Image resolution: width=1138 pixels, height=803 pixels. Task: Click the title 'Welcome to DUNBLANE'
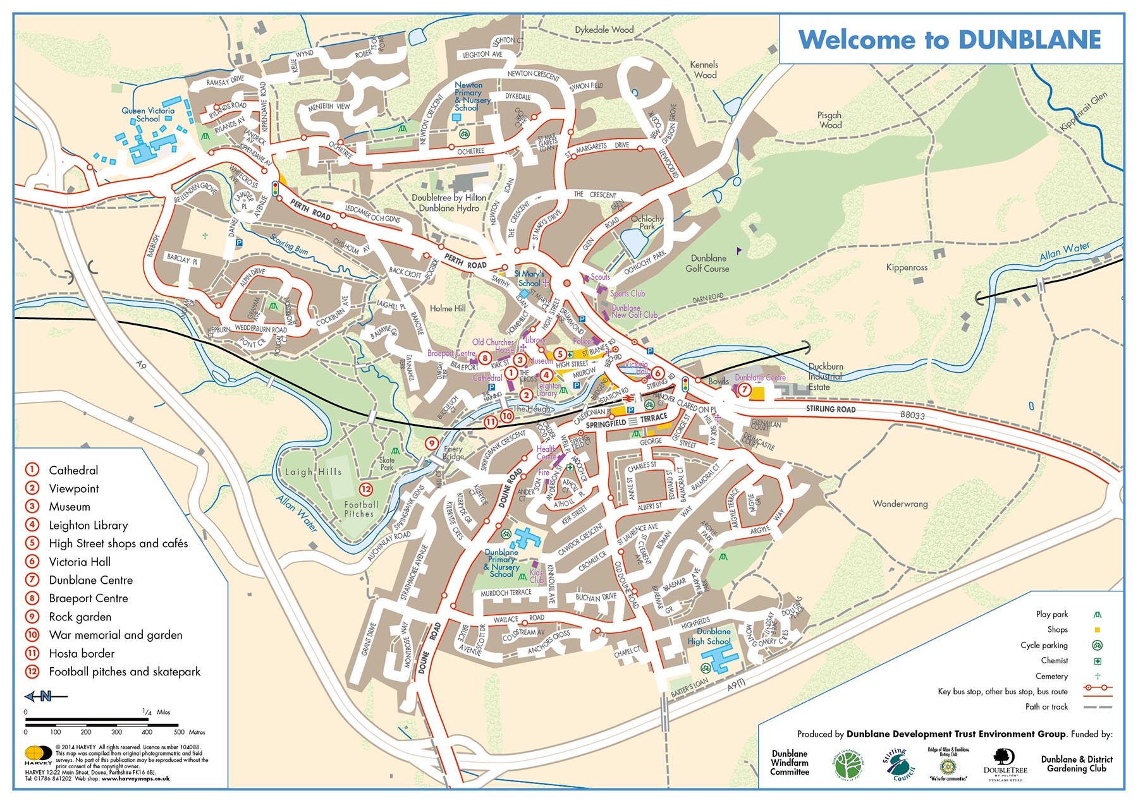pos(950,40)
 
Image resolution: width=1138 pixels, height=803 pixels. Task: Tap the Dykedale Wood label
pos(604,30)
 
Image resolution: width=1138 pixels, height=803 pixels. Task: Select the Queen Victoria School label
pos(148,114)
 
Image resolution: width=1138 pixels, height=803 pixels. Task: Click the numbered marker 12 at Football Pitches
pos(366,489)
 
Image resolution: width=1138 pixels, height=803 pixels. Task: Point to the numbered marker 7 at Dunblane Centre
pos(744,390)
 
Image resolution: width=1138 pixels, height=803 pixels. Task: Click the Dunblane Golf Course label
pos(707,263)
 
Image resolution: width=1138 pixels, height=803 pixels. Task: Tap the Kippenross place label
pos(907,267)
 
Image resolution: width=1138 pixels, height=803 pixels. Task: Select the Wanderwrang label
pos(900,504)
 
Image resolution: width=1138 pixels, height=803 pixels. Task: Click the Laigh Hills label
pos(313,472)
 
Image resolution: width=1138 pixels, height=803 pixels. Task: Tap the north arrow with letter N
pos(46,696)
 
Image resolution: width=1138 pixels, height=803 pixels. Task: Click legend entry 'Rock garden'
pos(80,617)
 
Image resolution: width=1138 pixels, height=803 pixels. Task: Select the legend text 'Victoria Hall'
pos(80,562)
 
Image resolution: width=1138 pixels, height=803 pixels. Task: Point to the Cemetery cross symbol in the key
pos(1098,676)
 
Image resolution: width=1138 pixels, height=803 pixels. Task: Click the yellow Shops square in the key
pos(1098,630)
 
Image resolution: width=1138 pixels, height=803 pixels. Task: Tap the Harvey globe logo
pos(38,754)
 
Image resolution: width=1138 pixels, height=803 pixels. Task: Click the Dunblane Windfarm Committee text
pos(790,763)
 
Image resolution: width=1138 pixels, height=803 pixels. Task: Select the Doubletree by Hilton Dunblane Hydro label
pos(449,203)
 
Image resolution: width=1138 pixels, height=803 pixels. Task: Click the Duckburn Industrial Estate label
pos(825,377)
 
